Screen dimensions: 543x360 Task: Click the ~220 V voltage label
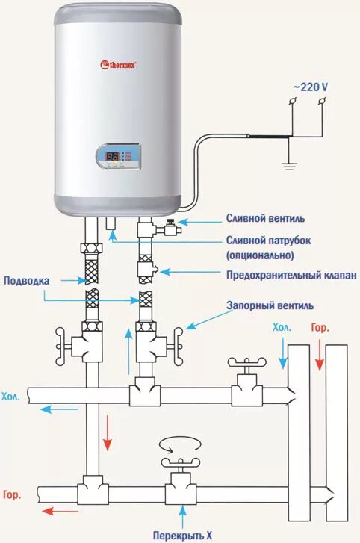coord(309,87)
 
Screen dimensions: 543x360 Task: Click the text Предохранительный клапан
coord(291,275)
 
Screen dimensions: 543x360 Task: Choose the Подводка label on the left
coord(28,281)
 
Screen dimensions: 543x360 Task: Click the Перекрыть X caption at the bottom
coord(182,536)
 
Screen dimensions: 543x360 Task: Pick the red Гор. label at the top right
coord(320,328)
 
